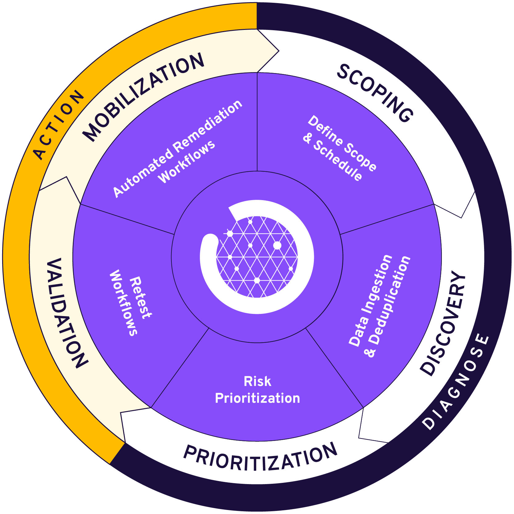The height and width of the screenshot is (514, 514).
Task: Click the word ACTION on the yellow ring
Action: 59,125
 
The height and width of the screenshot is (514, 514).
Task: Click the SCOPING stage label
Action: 375,93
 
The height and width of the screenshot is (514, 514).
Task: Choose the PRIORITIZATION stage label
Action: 260,458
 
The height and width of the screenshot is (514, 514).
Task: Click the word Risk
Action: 257,381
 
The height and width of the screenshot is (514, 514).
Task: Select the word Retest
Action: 140,298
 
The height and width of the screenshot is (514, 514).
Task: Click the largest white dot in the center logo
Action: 277,245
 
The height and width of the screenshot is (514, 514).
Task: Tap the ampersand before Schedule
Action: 307,138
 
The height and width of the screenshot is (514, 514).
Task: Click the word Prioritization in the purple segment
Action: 257,398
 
